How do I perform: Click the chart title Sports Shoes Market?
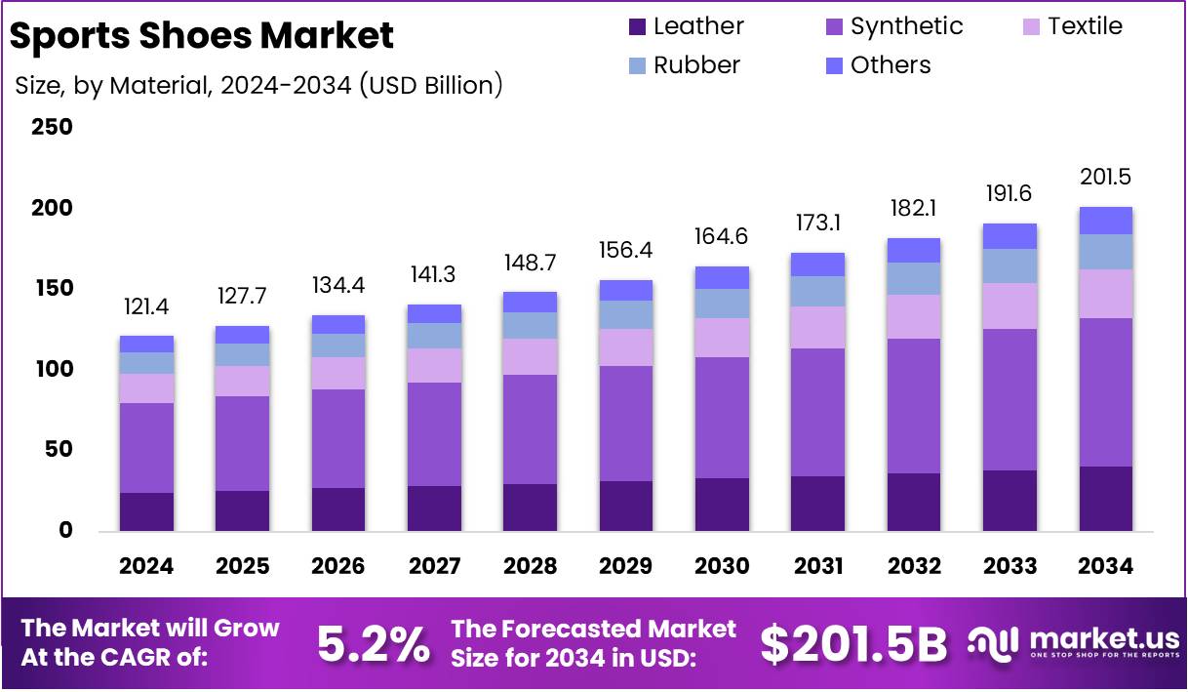(202, 35)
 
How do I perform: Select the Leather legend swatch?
(638, 27)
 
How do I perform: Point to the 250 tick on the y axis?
(52, 128)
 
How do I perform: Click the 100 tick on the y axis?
(52, 369)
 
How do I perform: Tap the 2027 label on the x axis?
(434, 566)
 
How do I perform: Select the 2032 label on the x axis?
(914, 566)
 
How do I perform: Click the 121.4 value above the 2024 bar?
(146, 309)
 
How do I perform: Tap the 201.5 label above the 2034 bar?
(1105, 178)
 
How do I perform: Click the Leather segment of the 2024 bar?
(146, 511)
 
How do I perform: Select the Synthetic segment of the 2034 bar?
(1105, 391)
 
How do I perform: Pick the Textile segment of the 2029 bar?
(626, 347)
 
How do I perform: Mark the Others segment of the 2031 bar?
(817, 265)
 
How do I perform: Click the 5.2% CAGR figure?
(374, 644)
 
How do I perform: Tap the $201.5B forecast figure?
(853, 644)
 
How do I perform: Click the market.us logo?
(1074, 643)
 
